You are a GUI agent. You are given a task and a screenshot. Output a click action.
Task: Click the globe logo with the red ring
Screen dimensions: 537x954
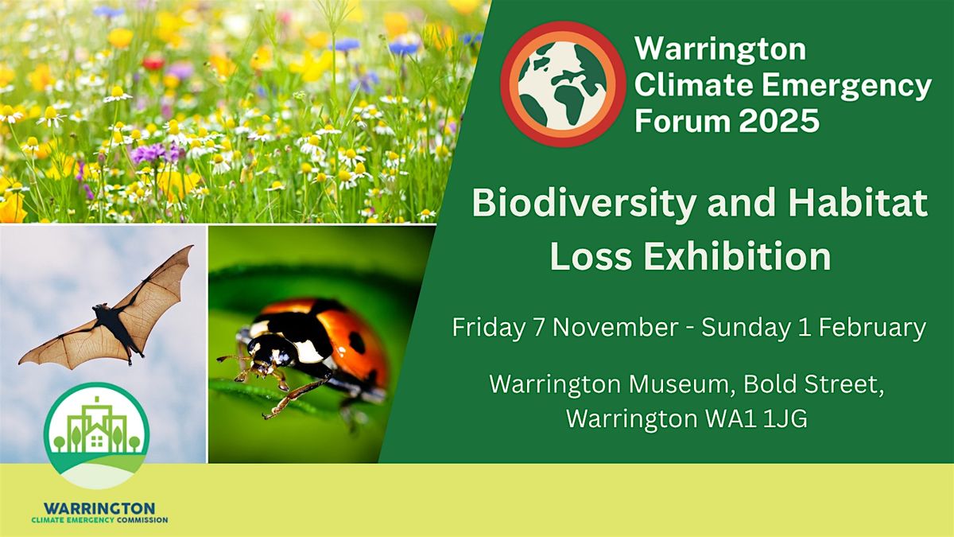coord(563,84)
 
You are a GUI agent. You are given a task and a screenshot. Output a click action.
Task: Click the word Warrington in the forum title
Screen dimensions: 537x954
coord(719,49)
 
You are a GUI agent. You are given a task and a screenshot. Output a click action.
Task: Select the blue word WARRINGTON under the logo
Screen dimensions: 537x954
coord(100,508)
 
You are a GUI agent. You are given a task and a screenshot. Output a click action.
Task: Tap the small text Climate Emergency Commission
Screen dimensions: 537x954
coord(100,520)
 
